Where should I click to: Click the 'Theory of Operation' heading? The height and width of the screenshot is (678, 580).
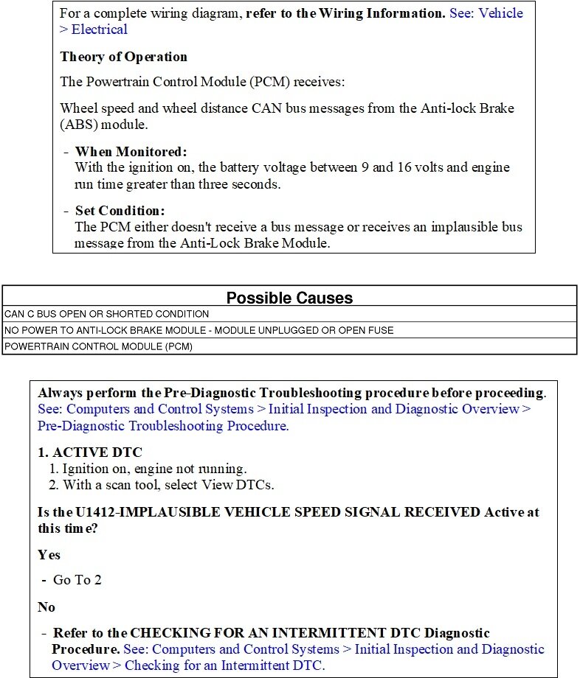tap(123, 57)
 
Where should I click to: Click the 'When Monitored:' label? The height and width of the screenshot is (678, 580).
tap(131, 152)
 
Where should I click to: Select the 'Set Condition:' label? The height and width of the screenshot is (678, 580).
tap(120, 211)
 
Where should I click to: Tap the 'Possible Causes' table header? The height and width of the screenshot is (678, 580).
tap(289, 298)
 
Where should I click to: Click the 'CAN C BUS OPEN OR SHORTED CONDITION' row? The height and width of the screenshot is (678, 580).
tap(106, 314)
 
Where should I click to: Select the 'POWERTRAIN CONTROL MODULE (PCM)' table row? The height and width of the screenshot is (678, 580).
tap(98, 346)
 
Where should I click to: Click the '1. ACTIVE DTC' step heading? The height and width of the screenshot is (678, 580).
tap(90, 452)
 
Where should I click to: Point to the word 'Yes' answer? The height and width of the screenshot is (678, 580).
tap(49, 554)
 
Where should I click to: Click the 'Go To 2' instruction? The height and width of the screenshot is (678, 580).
tap(77, 580)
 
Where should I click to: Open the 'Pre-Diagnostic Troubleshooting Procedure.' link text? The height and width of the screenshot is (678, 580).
tap(163, 426)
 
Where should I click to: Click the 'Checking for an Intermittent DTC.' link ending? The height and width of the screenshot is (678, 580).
tap(224, 665)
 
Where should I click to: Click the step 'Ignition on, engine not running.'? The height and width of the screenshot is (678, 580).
tap(154, 469)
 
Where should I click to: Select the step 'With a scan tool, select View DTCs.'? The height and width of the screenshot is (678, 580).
tap(168, 485)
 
